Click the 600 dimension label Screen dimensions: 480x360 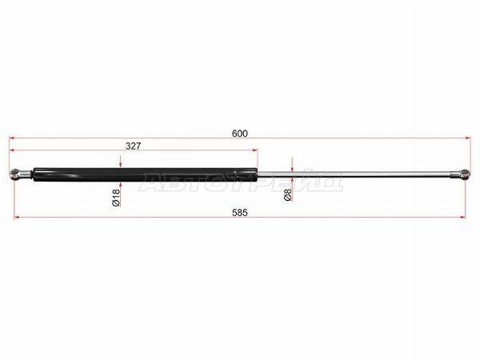(240, 134)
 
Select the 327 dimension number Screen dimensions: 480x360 (133, 146)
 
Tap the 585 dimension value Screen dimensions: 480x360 (239, 213)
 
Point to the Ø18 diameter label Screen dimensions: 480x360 (116, 198)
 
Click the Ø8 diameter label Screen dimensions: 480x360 (288, 194)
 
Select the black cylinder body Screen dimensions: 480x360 (145, 174)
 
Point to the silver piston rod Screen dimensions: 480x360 (354, 174)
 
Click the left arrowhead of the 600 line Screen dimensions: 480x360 (12, 138)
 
